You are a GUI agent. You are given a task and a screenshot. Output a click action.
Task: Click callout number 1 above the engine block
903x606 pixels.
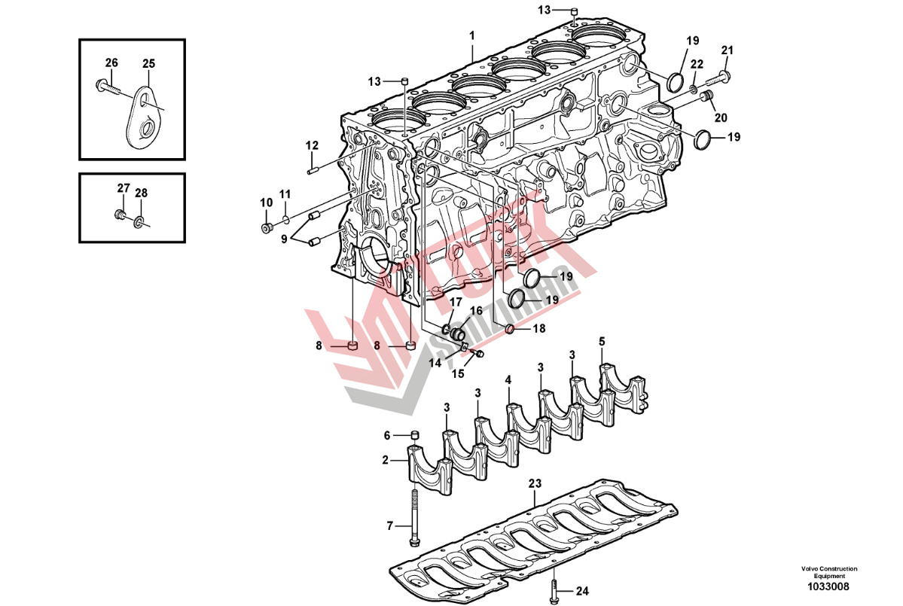tap(472, 35)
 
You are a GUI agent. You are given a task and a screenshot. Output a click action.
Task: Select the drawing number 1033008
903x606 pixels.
tap(828, 587)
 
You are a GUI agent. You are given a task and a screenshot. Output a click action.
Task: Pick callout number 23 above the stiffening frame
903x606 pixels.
tap(535, 484)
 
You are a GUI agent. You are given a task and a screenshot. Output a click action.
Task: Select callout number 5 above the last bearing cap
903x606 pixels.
tap(602, 342)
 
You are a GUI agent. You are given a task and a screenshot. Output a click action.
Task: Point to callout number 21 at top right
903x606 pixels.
tap(728, 50)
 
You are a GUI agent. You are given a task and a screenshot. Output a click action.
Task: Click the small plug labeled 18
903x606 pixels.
tap(509, 329)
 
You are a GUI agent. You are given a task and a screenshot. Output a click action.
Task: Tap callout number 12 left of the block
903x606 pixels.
tap(312, 145)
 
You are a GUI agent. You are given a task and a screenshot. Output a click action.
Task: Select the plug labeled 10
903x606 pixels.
tap(267, 228)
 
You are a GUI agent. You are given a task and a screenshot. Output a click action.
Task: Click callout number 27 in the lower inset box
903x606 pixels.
tap(124, 188)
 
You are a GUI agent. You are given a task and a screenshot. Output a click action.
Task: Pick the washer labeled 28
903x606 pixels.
tap(139, 221)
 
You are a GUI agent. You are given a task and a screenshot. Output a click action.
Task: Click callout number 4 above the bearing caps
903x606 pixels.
tap(508, 380)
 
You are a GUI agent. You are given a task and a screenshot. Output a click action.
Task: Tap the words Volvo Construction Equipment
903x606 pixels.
tap(828, 572)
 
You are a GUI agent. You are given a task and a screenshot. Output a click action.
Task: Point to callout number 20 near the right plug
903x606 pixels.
tap(721, 118)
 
